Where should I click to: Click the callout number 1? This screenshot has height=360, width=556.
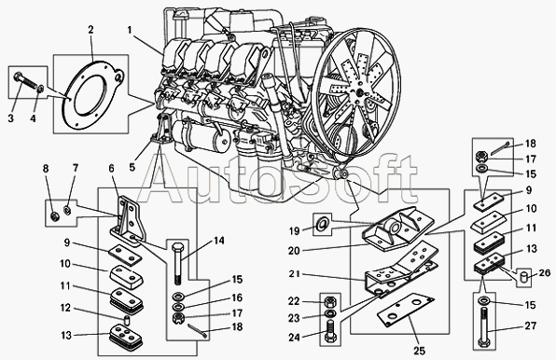click(130, 31)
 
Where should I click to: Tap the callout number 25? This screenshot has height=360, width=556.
click(419, 352)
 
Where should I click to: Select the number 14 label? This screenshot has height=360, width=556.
click(219, 241)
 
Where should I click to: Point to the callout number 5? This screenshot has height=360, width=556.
click(132, 167)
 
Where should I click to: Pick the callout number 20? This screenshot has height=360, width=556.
click(294, 251)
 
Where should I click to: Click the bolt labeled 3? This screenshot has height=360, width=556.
click(25, 81)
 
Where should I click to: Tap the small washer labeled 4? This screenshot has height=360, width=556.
click(41, 89)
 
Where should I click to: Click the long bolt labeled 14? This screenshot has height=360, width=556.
click(178, 264)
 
